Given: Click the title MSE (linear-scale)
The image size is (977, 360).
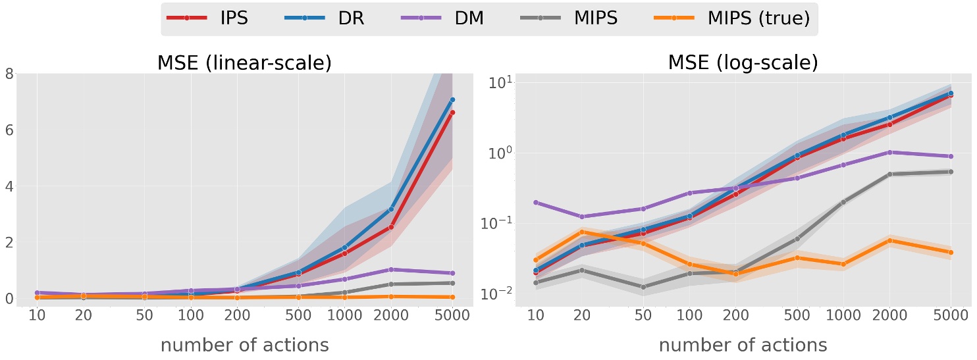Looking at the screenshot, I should tap(244, 63).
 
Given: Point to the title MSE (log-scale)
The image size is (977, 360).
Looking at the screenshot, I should tap(743, 63).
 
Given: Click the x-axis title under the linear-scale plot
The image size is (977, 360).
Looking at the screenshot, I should tap(245, 344).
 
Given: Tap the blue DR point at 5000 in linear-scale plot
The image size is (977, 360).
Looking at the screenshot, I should tap(452, 100).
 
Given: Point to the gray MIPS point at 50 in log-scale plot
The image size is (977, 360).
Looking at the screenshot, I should tap(643, 287).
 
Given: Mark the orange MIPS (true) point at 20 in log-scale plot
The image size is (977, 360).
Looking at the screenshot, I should tap(582, 232).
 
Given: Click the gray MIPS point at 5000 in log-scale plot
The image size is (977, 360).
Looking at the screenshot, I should tap(950, 172).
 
